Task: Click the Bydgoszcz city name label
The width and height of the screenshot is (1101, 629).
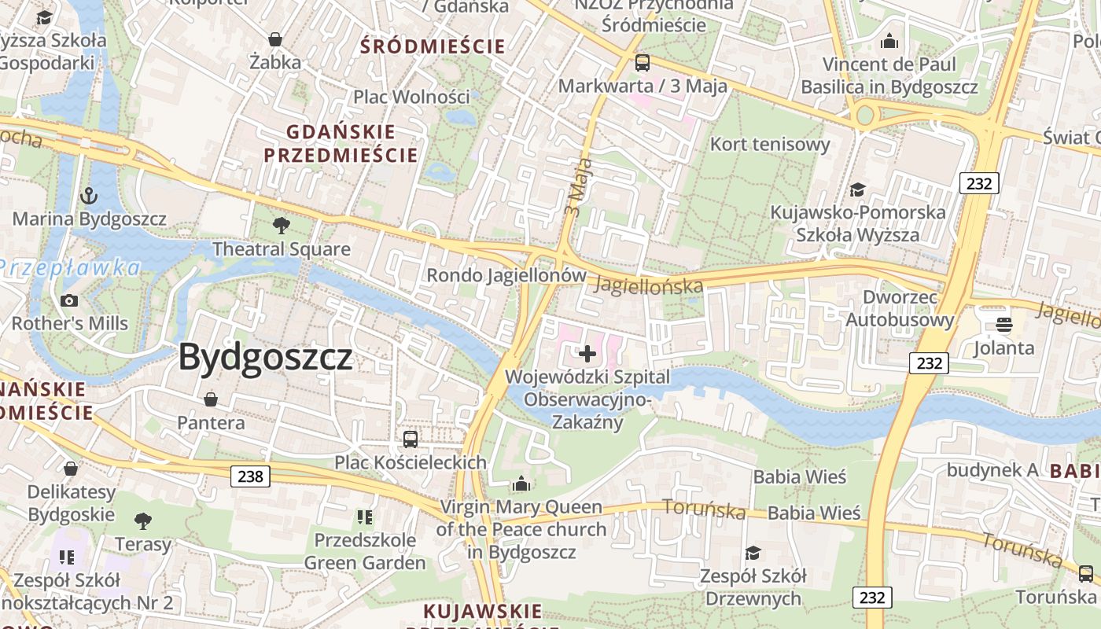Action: pyautogui.click(x=265, y=358)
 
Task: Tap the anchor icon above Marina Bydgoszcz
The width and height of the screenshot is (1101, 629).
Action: pyautogui.click(x=90, y=195)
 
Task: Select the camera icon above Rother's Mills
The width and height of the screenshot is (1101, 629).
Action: pyautogui.click(x=69, y=300)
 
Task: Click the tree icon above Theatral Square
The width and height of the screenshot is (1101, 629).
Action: pyautogui.click(x=281, y=226)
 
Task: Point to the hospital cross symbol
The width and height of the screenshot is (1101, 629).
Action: pyautogui.click(x=587, y=354)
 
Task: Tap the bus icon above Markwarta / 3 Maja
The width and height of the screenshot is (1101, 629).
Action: pyautogui.click(x=643, y=63)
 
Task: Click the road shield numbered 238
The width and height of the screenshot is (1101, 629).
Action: pyautogui.click(x=251, y=476)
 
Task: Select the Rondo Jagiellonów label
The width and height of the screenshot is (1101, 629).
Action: pyautogui.click(x=506, y=276)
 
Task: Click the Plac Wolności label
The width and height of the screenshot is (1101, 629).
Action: pyautogui.click(x=411, y=97)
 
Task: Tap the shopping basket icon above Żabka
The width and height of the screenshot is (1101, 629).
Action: pyautogui.click(x=275, y=39)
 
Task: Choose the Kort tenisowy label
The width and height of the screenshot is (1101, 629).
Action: pyautogui.click(x=770, y=144)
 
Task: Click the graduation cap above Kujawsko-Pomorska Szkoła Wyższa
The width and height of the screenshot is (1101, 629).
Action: pyautogui.click(x=857, y=189)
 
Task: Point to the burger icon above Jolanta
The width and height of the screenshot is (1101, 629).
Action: pyautogui.click(x=1003, y=324)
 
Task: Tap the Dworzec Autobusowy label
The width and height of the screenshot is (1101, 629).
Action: pyautogui.click(x=900, y=308)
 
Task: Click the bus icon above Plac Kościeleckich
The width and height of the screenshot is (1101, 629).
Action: pyautogui.click(x=411, y=440)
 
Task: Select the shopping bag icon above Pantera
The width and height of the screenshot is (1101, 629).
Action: pyautogui.click(x=211, y=399)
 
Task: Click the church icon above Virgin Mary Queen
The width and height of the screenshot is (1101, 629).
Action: pyautogui.click(x=521, y=484)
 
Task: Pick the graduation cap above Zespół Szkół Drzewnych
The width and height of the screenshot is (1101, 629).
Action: pyautogui.click(x=753, y=553)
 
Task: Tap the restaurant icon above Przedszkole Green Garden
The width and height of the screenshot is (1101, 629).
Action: pyautogui.click(x=364, y=517)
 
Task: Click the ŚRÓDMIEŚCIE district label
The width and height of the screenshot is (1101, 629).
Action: pyautogui.click(x=433, y=46)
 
